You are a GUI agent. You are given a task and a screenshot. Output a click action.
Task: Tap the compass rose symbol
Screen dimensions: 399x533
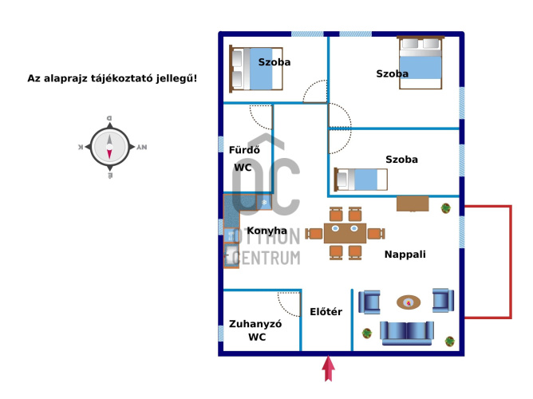pyautogui.click(x=109, y=147)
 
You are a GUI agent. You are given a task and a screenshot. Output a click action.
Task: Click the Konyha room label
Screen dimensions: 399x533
pyautogui.click(x=267, y=231)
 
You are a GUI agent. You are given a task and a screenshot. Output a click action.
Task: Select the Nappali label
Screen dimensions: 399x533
pyautogui.click(x=405, y=255)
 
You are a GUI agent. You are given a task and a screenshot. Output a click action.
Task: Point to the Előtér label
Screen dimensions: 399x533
pyautogui.click(x=326, y=311)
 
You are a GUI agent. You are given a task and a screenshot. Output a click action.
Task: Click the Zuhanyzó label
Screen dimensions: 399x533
pyautogui.click(x=255, y=324)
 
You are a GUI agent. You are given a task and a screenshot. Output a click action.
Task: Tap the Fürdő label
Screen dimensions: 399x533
pyautogui.click(x=243, y=149)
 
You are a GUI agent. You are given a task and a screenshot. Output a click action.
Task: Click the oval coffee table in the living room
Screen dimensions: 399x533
pyautogui.click(x=409, y=302)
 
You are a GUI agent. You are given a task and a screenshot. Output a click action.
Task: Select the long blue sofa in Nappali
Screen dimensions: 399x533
pyautogui.click(x=407, y=332)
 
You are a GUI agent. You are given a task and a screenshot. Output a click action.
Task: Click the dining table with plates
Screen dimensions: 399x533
pyautogui.click(x=345, y=232)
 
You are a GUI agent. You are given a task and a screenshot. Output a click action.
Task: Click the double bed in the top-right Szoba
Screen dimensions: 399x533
pyautogui.click(x=420, y=62)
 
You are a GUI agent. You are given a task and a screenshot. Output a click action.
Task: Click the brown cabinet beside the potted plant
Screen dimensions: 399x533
pyautogui.click(x=413, y=203)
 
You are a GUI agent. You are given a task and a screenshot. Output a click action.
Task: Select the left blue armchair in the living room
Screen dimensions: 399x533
pyautogui.click(x=369, y=301)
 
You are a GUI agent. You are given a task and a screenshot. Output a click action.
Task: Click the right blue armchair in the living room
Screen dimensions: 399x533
pyautogui.click(x=442, y=300)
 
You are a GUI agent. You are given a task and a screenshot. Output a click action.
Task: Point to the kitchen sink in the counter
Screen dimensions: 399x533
pyautogui.click(x=231, y=255)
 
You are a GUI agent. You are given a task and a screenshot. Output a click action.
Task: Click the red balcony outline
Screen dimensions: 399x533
pyautogui.click(x=508, y=262)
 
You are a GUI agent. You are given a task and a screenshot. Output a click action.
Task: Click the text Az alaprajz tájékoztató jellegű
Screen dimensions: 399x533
pyautogui.click(x=112, y=79)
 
